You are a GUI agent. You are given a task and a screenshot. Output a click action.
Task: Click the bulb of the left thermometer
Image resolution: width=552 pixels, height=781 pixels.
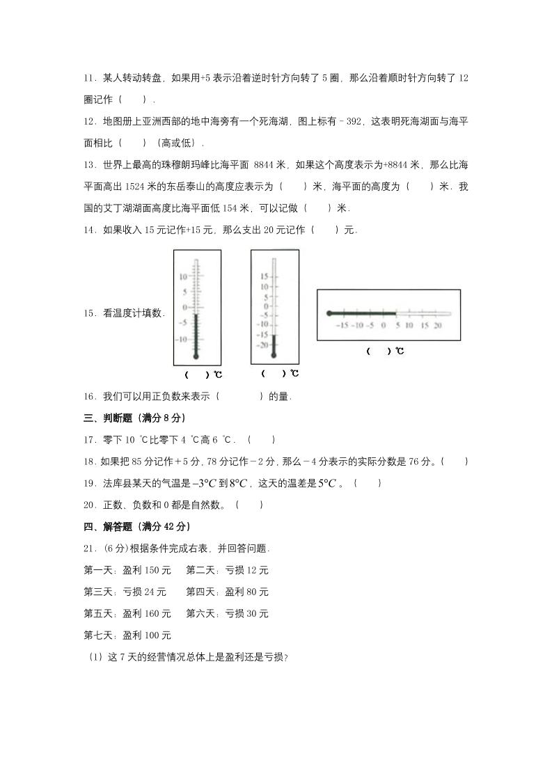coord(196,356)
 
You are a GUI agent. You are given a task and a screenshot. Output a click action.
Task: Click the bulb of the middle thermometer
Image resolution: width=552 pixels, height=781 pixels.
coord(274,355)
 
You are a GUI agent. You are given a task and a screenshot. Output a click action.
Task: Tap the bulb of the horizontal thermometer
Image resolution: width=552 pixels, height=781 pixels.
coord(329,314)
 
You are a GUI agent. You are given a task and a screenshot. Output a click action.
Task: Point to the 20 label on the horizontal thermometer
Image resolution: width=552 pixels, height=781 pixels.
coord(438,325)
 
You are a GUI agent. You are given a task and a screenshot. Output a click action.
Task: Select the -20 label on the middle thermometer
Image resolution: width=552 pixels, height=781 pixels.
coord(262,345)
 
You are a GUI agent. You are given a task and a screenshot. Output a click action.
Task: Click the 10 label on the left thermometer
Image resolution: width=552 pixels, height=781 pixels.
coord(183,276)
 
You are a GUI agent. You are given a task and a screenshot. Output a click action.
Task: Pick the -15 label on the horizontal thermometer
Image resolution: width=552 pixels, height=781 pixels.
coord(341,325)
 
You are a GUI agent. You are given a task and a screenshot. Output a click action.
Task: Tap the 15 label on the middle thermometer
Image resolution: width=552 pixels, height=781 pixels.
coord(264,276)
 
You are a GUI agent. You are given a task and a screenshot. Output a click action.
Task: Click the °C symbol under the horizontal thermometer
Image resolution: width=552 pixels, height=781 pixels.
coord(399,352)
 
